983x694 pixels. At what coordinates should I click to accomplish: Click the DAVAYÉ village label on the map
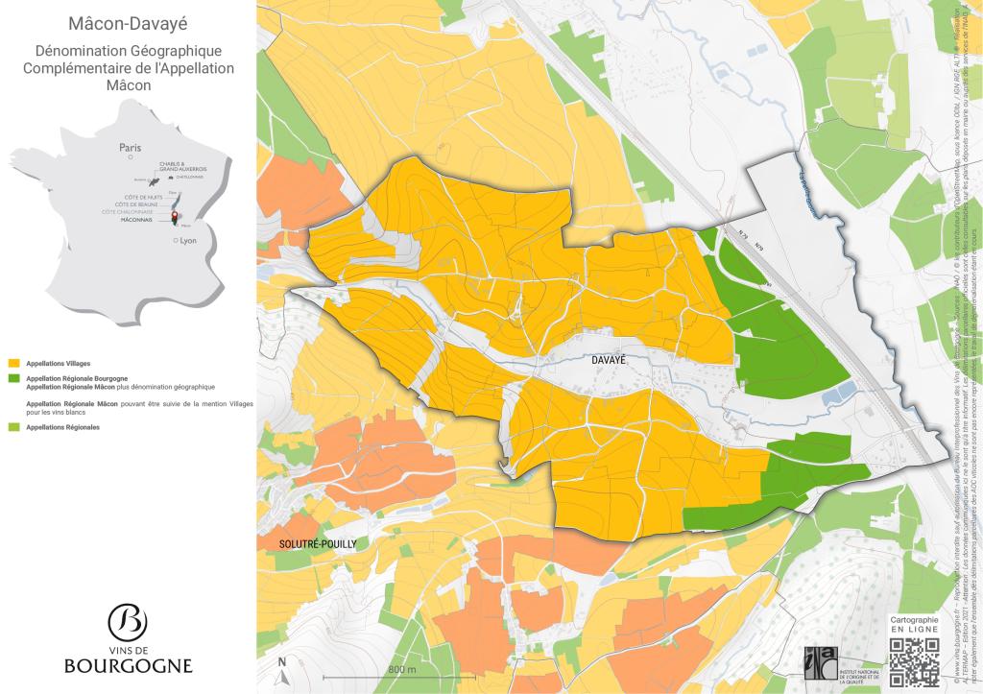tap(608, 359)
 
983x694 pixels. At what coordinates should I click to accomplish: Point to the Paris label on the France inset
tap(130, 148)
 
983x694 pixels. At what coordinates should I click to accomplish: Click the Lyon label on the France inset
tap(187, 241)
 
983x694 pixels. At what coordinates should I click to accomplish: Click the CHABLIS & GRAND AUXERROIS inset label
tap(183, 167)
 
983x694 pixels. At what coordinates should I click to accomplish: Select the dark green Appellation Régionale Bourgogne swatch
tap(12, 379)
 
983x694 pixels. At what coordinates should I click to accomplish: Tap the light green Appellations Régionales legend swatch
tap(12, 425)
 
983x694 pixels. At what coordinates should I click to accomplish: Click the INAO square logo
tap(817, 662)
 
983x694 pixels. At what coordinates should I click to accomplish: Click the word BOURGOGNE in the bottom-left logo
tap(128, 665)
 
